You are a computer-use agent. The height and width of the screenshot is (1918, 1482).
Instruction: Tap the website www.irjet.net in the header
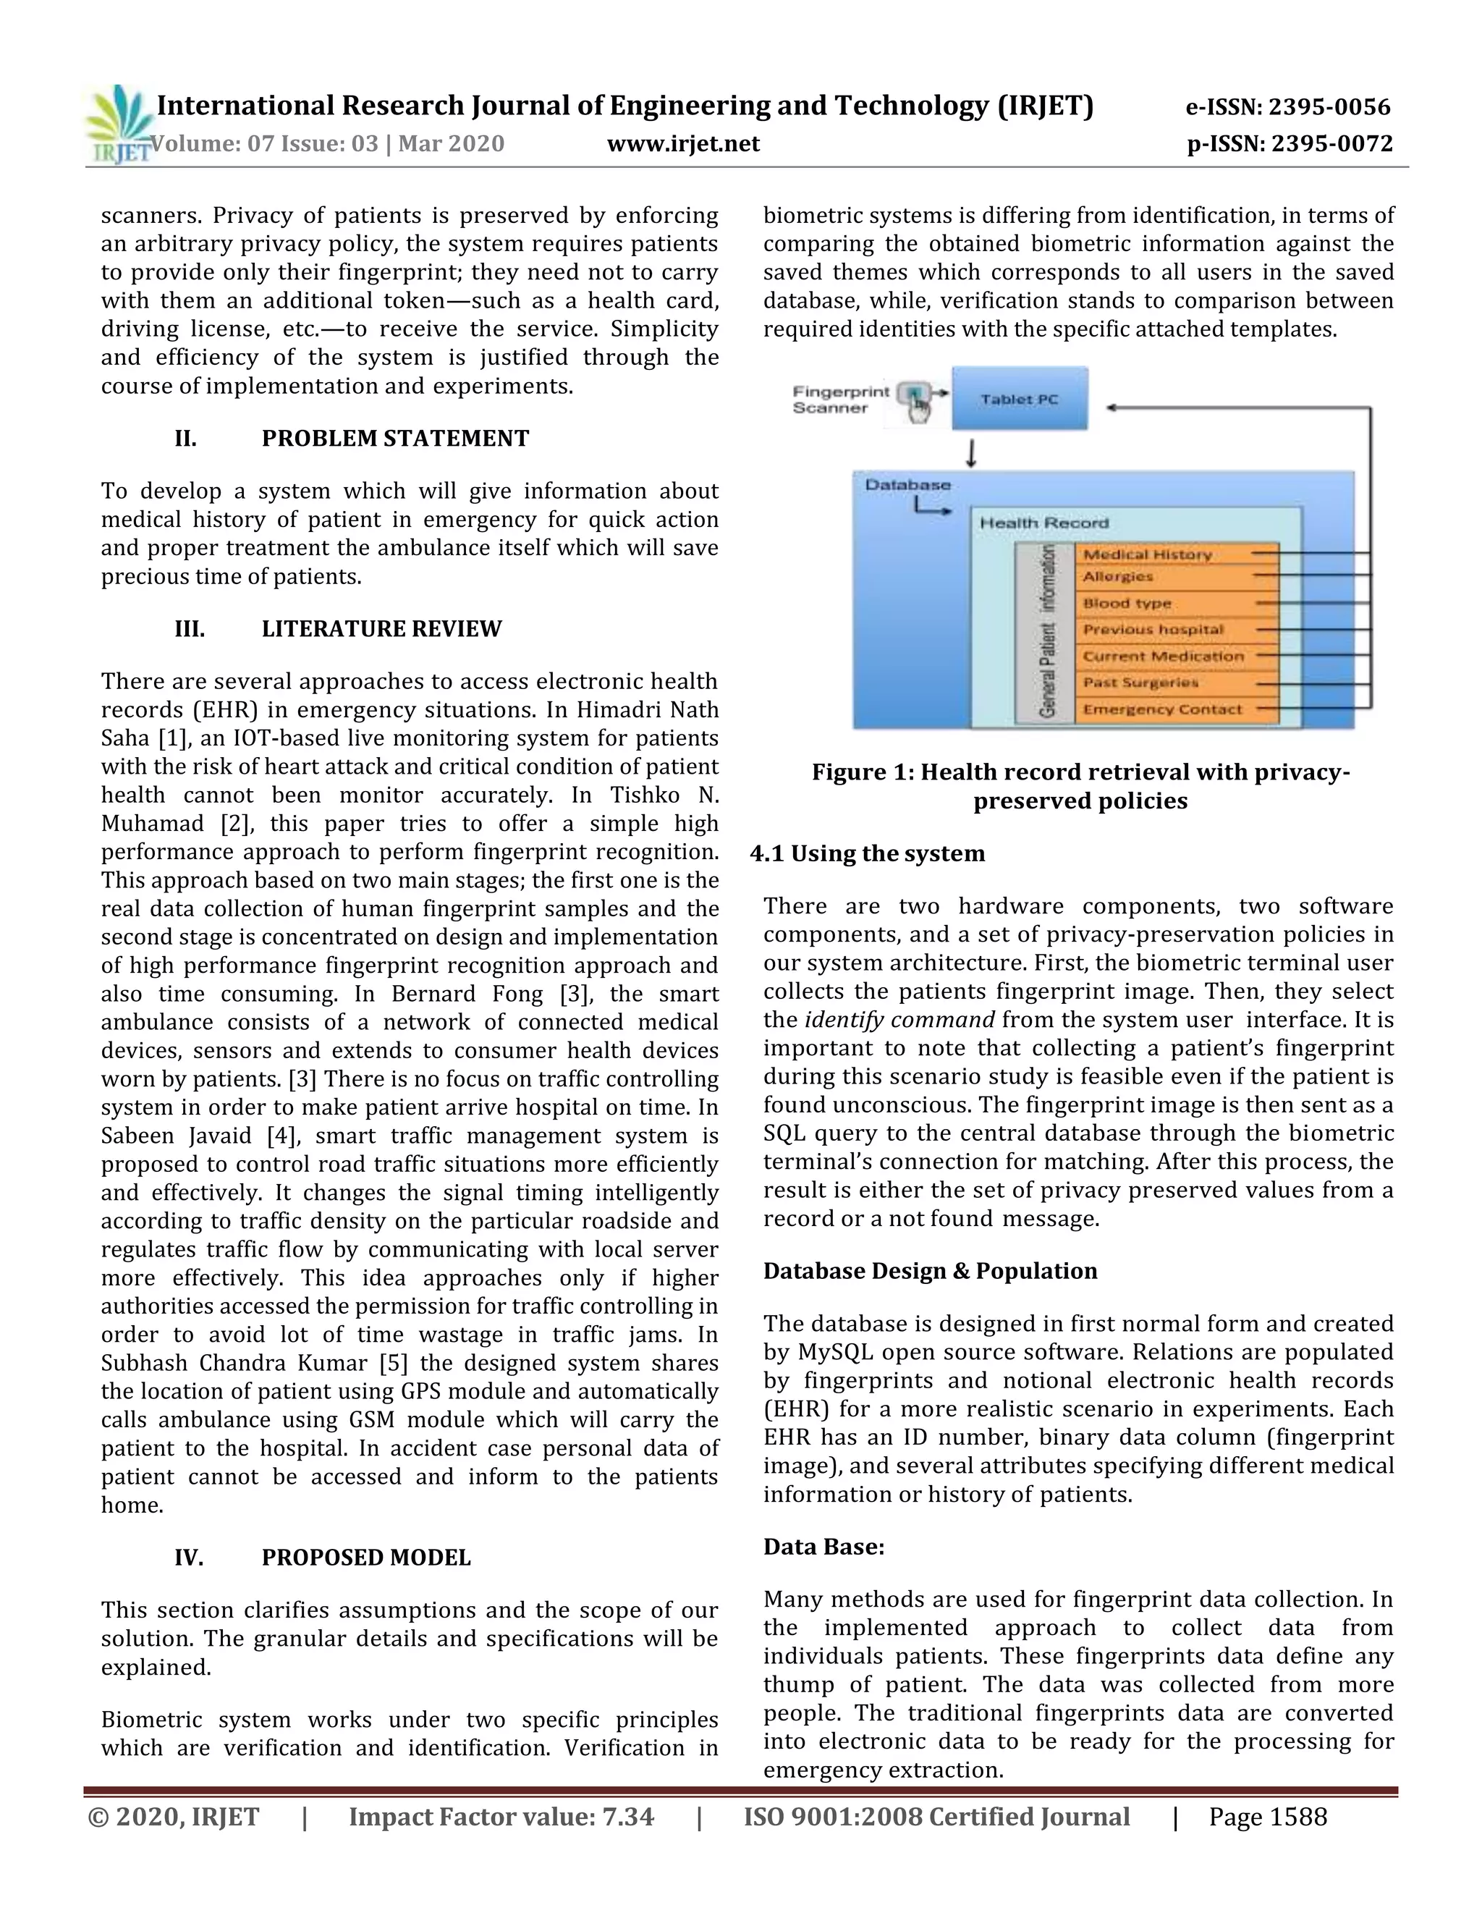(683, 143)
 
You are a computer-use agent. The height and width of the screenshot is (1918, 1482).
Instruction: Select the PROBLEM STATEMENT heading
(395, 438)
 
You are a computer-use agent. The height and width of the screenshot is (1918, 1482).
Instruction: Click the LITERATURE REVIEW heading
(381, 629)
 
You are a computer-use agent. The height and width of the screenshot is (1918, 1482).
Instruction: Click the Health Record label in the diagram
(1044, 523)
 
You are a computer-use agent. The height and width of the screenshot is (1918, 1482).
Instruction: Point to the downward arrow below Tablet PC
(971, 452)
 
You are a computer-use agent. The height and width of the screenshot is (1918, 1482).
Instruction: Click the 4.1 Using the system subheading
(868, 853)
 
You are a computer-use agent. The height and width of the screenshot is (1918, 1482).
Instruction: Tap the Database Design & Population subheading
(930, 1271)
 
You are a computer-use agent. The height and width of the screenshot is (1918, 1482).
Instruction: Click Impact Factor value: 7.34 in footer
(501, 1817)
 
